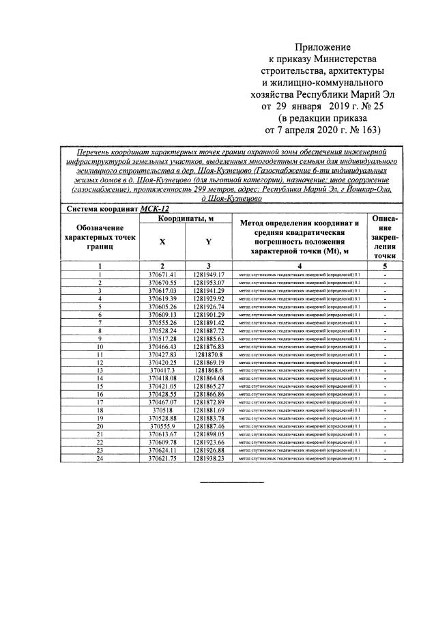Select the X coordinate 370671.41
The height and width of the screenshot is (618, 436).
tap(162, 274)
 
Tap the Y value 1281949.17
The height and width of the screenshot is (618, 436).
tap(209, 274)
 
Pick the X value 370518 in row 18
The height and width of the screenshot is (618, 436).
tap(162, 410)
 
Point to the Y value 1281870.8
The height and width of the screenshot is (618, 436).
tap(209, 354)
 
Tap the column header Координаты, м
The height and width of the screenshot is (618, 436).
tap(186, 218)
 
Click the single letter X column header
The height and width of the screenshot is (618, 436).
tap(162, 241)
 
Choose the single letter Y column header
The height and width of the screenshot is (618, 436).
tap(209, 241)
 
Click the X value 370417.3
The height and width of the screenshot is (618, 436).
tap(162, 370)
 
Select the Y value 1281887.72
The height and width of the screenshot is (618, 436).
tap(209, 330)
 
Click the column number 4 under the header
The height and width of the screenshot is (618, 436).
tap(300, 265)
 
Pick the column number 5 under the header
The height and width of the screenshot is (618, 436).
tap(386, 265)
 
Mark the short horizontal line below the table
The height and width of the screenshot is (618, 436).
tap(231, 483)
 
